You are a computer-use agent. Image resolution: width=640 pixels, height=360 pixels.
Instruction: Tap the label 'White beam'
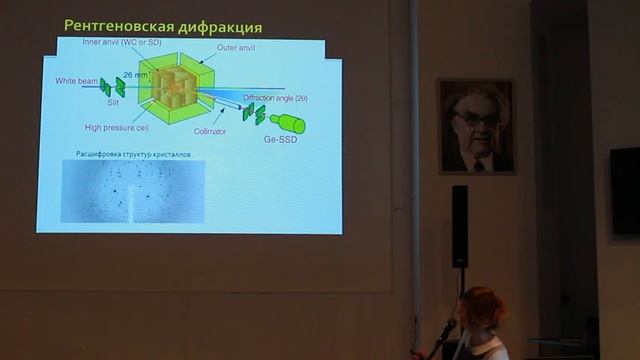click(x=77, y=79)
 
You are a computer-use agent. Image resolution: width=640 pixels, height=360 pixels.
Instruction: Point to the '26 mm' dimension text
click(x=134, y=74)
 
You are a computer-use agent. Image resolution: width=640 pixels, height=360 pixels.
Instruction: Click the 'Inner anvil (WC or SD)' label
click(x=123, y=42)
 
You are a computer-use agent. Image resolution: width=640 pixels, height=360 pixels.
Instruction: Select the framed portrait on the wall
click(x=476, y=126)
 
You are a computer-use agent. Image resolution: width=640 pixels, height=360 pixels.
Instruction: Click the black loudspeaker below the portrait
click(x=459, y=226)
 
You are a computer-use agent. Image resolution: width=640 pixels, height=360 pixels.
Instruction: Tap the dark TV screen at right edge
click(x=625, y=191)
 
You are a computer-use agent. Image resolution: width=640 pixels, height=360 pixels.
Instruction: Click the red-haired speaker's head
click(x=483, y=307)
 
